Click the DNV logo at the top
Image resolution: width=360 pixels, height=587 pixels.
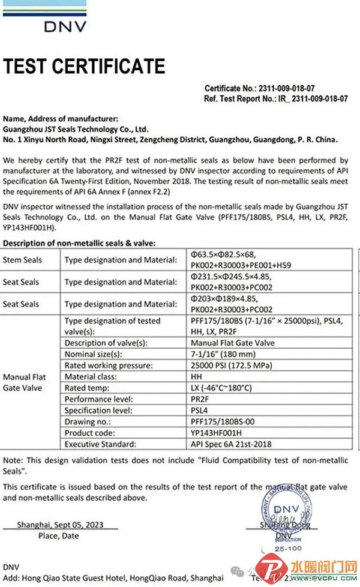(x=65, y=26)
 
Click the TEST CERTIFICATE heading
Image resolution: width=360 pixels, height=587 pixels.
(x=84, y=66)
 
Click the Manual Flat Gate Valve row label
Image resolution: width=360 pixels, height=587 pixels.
(x=25, y=382)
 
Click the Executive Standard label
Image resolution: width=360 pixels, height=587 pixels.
(x=101, y=444)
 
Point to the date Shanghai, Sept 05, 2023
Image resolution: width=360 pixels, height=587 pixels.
(x=60, y=525)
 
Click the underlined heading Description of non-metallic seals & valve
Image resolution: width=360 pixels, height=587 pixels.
(x=79, y=242)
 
